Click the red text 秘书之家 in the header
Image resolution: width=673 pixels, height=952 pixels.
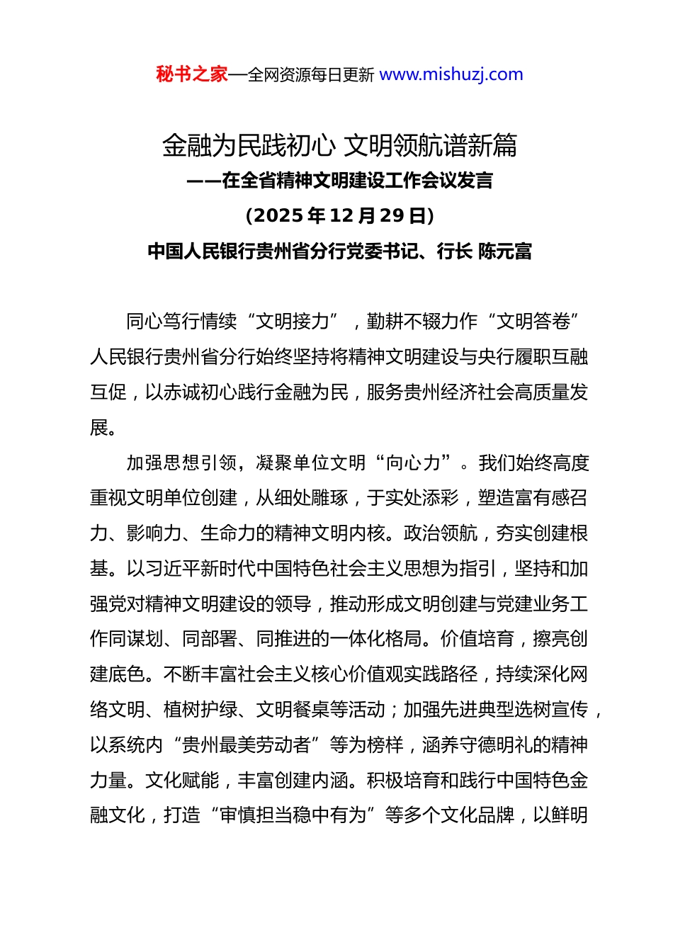pos(192,74)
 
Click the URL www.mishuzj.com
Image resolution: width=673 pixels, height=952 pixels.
pos(451,74)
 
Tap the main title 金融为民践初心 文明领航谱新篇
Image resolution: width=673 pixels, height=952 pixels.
pos(339,145)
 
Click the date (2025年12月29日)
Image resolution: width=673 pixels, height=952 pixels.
pos(339,215)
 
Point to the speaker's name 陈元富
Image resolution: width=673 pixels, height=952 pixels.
pos(505,251)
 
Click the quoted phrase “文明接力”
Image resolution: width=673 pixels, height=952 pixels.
pos(292,321)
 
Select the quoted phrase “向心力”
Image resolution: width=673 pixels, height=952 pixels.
pos(422,463)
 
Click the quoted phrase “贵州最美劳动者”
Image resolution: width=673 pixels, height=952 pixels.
pos(246,744)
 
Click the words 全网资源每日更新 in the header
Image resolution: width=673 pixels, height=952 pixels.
pos(310,75)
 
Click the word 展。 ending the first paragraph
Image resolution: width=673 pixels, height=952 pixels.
pos(103,427)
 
